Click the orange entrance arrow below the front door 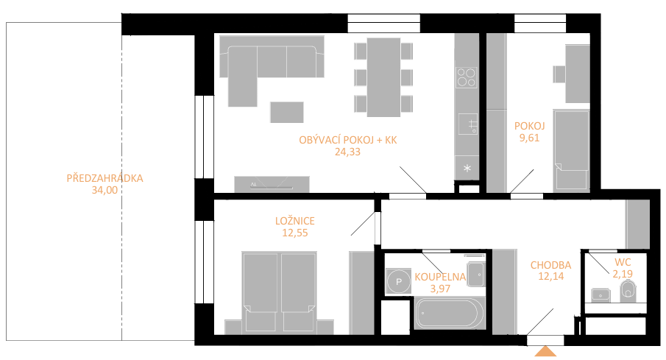545,351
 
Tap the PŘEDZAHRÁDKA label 104,178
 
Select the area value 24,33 347,152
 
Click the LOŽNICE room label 295,221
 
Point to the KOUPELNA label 440,277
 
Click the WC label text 623,262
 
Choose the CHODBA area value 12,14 551,276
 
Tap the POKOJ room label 529,126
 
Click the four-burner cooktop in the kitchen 466,77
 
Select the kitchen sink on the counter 467,124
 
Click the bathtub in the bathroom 450,313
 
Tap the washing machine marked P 398,281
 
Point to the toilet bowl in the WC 628,291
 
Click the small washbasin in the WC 601,294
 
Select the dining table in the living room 383,77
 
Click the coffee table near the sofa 287,112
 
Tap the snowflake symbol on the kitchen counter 467,169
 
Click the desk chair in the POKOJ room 559,74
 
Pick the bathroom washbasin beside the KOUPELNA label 475,274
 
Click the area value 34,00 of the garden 104,190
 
